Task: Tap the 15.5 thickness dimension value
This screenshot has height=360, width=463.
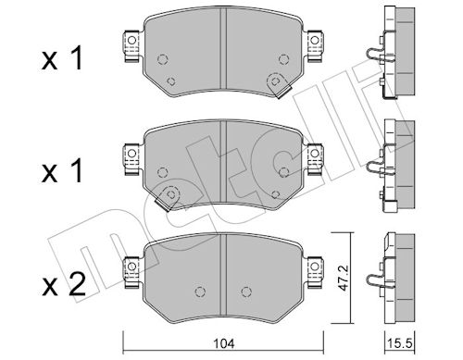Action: (400, 343)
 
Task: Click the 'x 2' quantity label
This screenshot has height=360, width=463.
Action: (63, 285)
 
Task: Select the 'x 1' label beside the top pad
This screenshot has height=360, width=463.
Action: (62, 58)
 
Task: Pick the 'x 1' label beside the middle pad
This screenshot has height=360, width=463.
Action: (62, 171)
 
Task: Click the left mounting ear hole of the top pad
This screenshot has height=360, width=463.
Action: (131, 40)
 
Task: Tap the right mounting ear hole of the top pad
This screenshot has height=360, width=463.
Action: (315, 40)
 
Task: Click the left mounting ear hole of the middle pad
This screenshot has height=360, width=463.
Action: (131, 154)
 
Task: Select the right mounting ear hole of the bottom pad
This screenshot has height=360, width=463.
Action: (315, 267)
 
